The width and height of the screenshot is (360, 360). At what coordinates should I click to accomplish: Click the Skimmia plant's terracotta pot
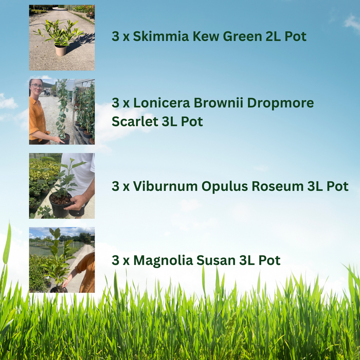[x=61, y=50]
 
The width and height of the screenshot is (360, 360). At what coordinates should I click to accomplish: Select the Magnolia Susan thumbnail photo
[x=62, y=260]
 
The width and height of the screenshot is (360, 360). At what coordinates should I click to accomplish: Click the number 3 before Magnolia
[x=115, y=260]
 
